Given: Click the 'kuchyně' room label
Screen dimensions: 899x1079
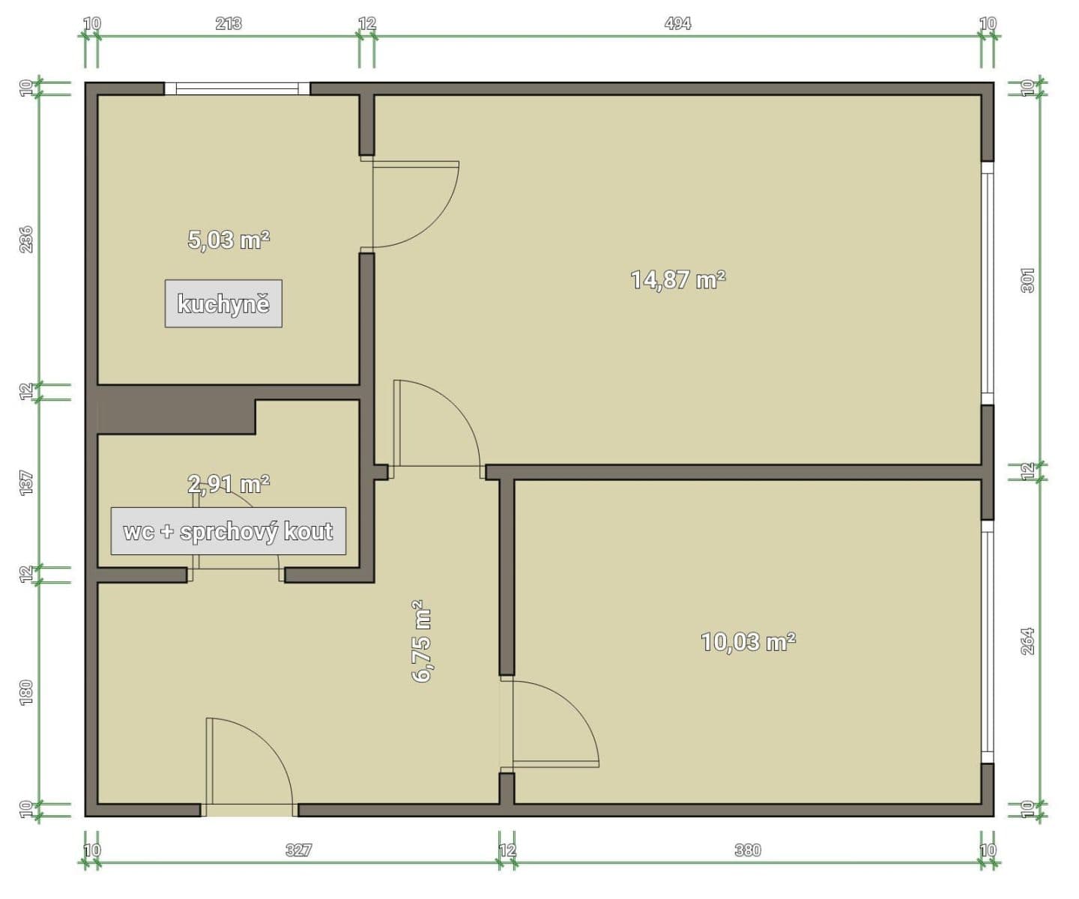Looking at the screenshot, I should click(223, 303).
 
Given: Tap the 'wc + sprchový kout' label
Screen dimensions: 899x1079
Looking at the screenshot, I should click(228, 531).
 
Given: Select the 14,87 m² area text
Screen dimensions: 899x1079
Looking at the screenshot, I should click(678, 279).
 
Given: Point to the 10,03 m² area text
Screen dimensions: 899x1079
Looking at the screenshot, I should click(748, 642).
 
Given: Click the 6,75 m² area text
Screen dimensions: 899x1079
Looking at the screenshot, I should click(422, 641).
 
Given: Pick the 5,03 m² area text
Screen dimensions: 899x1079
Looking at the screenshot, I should click(229, 240).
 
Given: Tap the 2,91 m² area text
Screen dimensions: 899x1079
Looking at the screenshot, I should click(229, 484).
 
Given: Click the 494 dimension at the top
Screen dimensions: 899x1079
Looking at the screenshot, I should click(677, 23).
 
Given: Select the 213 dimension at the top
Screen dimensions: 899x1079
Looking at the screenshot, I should click(229, 23).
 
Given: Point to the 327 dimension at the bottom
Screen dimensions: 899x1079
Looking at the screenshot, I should click(298, 850).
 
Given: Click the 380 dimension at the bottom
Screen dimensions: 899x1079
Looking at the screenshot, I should click(748, 850).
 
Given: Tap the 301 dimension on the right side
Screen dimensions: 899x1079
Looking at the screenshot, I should click(1028, 280).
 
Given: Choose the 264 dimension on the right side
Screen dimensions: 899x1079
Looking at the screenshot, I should click(1028, 641).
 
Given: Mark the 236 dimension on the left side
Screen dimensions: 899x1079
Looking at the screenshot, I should click(26, 239).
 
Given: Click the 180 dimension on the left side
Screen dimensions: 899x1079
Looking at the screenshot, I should click(26, 692).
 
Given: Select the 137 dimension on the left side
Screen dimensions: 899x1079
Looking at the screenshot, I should click(26, 483).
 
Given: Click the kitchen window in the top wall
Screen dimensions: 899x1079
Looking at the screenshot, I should click(238, 88).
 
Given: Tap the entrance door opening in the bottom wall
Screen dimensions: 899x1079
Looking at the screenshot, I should click(250, 810).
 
